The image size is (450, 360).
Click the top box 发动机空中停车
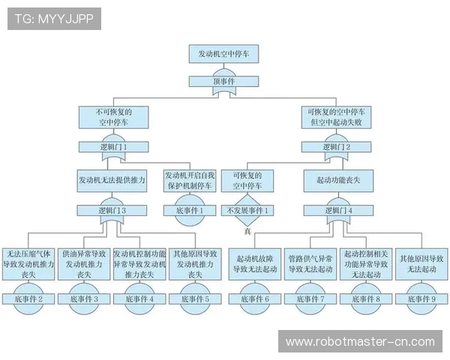[223, 54]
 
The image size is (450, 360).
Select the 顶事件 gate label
[223, 82]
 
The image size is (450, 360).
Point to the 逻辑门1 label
[112, 147]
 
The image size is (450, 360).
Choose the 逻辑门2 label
[336, 147]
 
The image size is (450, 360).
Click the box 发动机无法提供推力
[112, 180]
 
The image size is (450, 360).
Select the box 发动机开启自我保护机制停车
[188, 180]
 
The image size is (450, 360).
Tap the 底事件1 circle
[188, 210]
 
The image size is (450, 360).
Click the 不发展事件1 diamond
[247, 211]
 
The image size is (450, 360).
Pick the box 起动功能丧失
[336, 180]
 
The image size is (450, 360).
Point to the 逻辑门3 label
[112, 211]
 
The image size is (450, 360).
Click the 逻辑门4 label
[336, 211]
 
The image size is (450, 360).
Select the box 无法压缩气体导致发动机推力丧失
[29, 264]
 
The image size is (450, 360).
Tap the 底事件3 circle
[85, 298]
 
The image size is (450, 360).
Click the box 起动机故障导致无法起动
[254, 263]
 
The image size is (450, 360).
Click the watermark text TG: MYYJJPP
[54, 19]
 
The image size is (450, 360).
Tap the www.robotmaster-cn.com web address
[360, 342]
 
